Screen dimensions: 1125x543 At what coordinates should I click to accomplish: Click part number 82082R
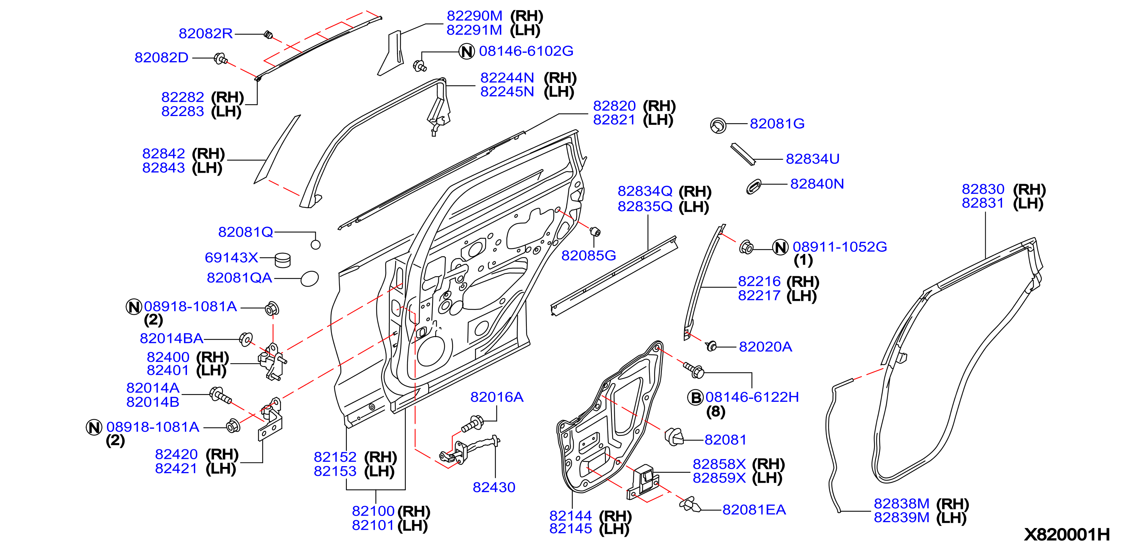(205, 33)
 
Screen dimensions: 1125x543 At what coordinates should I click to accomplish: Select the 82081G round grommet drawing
(718, 126)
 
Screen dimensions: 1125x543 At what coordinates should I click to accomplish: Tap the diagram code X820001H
(1066, 534)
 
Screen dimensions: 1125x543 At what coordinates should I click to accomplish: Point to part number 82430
(494, 487)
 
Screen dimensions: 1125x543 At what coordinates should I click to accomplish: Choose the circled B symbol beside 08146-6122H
(695, 397)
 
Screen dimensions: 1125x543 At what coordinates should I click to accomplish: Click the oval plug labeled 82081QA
(310, 279)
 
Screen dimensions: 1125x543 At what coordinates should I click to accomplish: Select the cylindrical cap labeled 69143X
(282, 260)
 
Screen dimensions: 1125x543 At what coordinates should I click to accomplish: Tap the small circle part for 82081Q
(315, 245)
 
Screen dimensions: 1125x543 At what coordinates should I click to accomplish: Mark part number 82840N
(817, 184)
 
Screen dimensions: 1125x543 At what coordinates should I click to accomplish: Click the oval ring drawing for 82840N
(754, 187)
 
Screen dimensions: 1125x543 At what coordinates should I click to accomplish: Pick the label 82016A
(496, 397)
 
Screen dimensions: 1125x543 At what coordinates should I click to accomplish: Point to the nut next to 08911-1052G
(746, 247)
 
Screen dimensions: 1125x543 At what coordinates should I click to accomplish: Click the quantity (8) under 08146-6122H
(715, 412)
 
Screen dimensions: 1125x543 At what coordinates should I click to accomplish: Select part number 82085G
(588, 255)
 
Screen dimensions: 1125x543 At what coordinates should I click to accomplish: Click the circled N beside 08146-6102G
(466, 52)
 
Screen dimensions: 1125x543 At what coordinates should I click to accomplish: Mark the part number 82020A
(765, 347)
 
